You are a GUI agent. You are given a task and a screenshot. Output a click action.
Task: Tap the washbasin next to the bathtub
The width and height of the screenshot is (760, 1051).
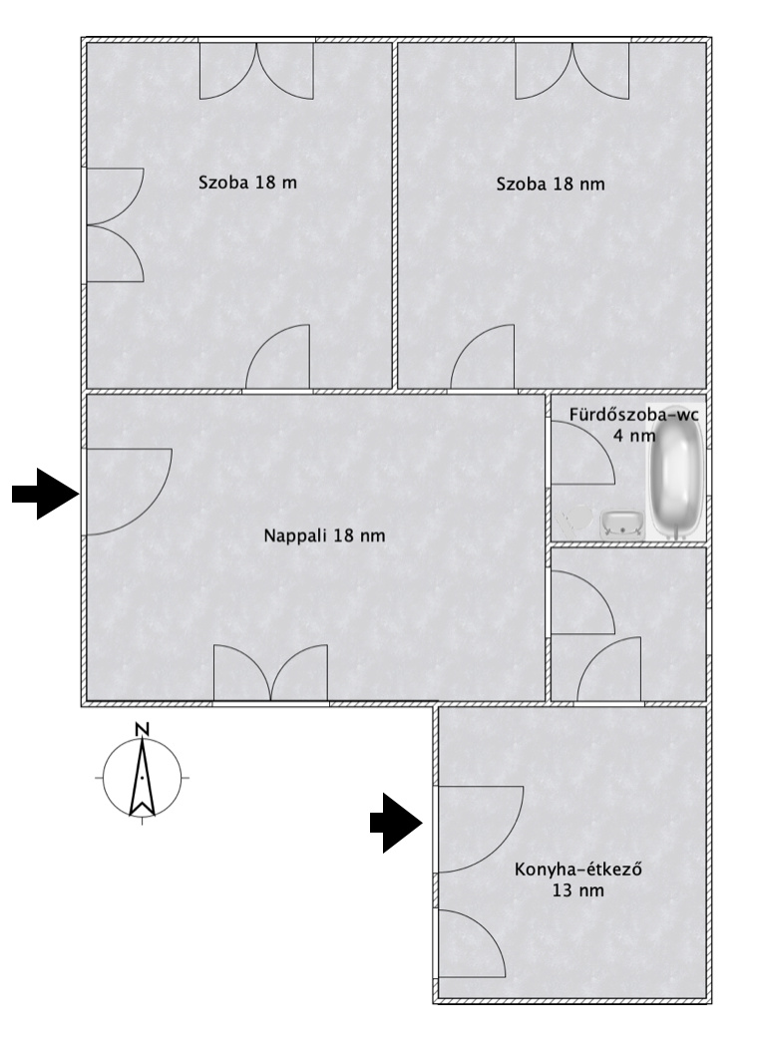[622, 525]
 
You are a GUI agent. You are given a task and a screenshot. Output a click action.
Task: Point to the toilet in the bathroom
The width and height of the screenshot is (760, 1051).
[575, 519]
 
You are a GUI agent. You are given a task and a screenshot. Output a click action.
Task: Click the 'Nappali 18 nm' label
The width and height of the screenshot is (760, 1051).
[324, 535]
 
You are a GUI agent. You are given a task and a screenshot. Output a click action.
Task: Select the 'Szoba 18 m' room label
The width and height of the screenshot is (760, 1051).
[247, 182]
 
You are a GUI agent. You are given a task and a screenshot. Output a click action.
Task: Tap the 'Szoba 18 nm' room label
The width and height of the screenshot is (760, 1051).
[551, 183]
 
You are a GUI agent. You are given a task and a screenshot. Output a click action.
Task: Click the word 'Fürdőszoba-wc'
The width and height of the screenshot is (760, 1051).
[633, 414]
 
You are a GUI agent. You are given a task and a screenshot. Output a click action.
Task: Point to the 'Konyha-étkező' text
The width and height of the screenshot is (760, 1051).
[577, 870]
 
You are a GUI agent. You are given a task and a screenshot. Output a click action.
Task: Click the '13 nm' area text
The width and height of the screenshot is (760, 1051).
[577, 890]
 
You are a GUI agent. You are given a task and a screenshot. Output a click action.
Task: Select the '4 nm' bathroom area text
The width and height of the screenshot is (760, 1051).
[634, 435]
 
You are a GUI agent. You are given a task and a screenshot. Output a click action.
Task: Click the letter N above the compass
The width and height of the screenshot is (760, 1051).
[142, 729]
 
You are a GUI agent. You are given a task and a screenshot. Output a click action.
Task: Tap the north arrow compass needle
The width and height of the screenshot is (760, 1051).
[142, 778]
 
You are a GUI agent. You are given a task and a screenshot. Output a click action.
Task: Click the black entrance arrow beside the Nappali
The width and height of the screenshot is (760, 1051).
[46, 494]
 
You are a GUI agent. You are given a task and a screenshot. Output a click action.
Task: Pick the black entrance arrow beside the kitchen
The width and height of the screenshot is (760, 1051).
[396, 823]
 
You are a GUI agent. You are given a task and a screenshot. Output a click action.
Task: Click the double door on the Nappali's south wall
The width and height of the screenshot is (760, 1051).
[270, 672]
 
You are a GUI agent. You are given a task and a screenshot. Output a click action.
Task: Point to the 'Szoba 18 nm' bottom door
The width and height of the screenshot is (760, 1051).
[482, 357]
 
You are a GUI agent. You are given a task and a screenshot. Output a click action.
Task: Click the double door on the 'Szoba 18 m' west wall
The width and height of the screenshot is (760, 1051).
[116, 224]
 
